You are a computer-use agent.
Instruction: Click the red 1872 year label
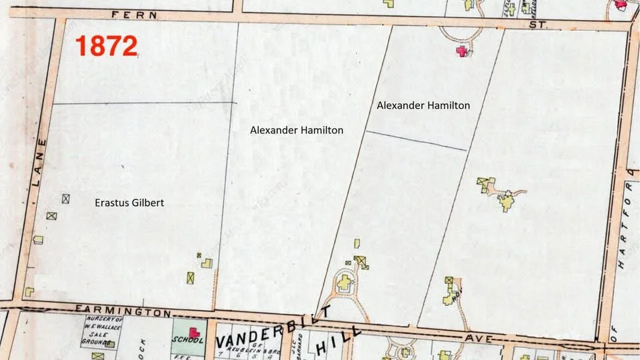coord(106,46)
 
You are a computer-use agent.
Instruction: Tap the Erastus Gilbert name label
coord(129,203)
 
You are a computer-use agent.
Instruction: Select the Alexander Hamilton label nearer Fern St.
coord(423,105)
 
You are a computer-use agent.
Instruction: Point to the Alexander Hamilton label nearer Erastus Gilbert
coord(297,130)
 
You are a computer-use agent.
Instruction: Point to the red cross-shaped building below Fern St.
coord(460,51)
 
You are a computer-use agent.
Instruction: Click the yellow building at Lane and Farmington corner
coord(29,291)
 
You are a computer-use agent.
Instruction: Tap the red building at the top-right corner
coord(621,4)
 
